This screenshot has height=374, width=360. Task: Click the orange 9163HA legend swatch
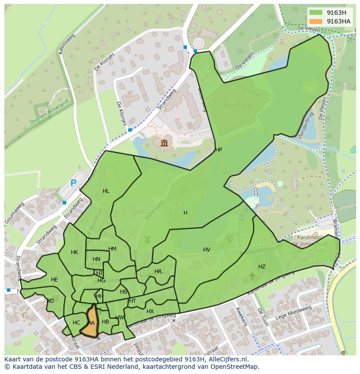tap(316, 21)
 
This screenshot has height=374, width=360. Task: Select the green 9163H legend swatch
tap(316, 13)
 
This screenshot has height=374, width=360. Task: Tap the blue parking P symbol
tap(73, 183)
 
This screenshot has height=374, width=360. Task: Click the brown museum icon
tap(164, 143)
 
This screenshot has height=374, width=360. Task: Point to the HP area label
tap(219, 150)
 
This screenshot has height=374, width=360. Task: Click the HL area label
tap(106, 191)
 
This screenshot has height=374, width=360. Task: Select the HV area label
tap(207, 250)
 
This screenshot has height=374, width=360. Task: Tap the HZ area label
tap(262, 267)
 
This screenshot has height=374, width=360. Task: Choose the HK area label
tap(74, 252)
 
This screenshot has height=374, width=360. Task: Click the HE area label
tap(54, 280)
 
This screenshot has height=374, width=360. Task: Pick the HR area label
tap(158, 271)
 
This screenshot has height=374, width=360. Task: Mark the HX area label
tap(150, 311)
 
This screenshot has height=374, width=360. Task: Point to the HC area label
tap(77, 323)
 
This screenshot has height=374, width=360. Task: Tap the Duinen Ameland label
tap(50, 112)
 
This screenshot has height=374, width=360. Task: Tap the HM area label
tap(112, 249)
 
